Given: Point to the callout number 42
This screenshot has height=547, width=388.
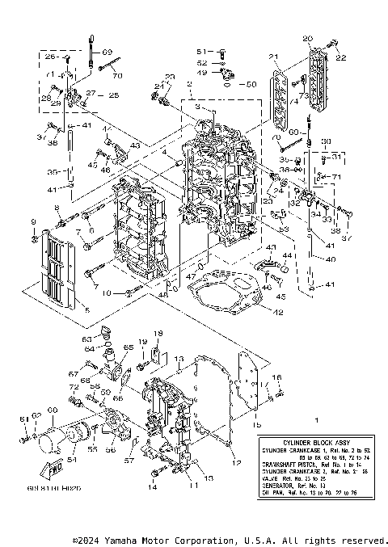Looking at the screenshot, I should (x=276, y=312).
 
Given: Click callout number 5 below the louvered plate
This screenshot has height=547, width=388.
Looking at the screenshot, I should (x=87, y=310).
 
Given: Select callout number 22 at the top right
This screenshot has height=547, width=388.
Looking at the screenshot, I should (x=340, y=57).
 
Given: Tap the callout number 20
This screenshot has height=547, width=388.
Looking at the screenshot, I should (x=307, y=39).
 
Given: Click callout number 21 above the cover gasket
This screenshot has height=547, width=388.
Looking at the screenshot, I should (x=273, y=57).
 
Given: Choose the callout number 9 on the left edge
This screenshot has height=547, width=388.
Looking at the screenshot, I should (x=33, y=221).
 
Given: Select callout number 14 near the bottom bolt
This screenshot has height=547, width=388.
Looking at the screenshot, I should (x=152, y=487).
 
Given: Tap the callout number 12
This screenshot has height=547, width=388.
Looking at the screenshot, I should (x=237, y=463).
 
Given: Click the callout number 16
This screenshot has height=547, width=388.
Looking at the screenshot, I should (x=276, y=377).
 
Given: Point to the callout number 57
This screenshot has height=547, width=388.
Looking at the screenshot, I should (x=129, y=460).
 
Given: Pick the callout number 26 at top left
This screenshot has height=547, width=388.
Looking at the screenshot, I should (x=48, y=57).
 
